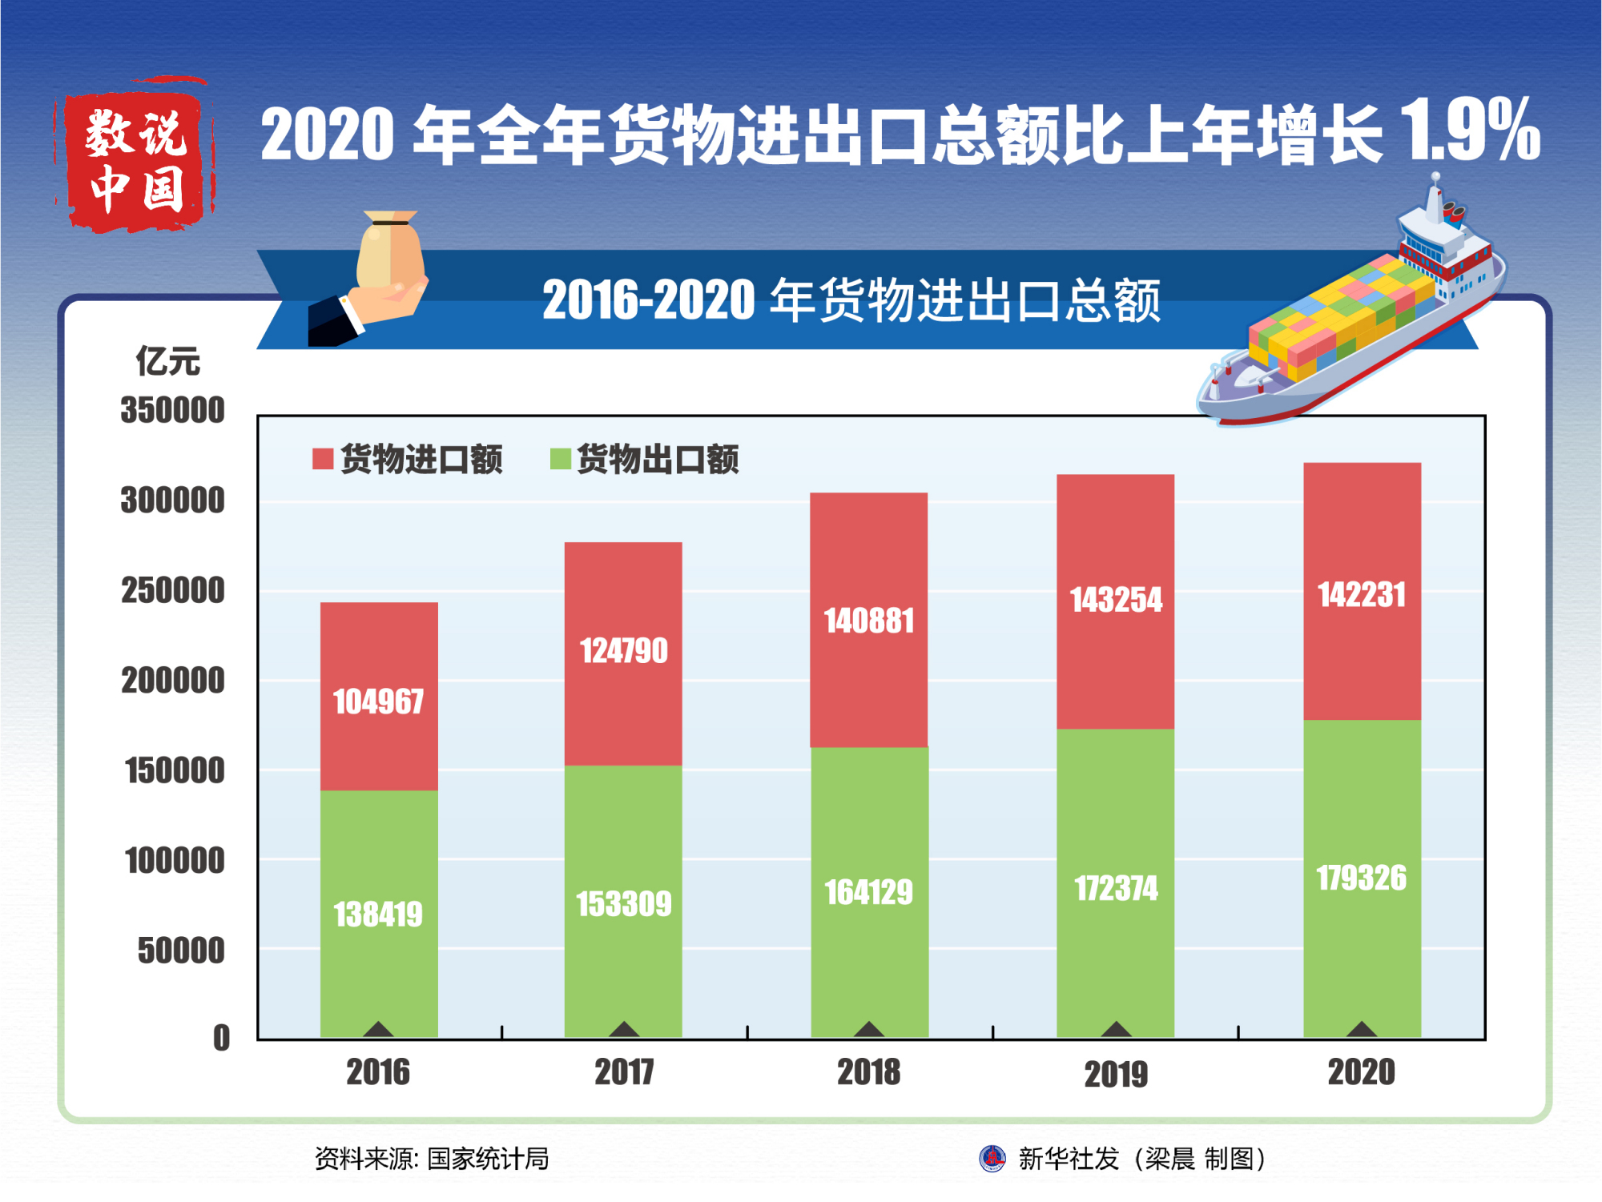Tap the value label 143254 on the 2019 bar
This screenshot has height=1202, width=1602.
coord(1116,600)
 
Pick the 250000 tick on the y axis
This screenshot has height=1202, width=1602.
coord(173,591)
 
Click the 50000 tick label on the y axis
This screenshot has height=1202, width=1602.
coord(181,951)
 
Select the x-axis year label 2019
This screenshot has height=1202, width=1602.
coord(1116,1074)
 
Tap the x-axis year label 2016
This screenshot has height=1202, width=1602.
coord(378,1072)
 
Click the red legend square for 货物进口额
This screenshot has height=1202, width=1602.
coord(323,459)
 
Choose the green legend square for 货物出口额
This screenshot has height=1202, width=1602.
coord(561,459)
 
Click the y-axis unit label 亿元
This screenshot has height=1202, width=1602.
coord(167,361)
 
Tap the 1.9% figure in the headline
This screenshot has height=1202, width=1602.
coord(1470,130)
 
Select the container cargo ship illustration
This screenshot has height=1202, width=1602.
coord(1354,320)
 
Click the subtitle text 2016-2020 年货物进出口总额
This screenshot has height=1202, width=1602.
coord(851,300)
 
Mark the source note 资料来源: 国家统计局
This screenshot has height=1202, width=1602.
coord(432,1158)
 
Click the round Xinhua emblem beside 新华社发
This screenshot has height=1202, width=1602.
coord(992,1158)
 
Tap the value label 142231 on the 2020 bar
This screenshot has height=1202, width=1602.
coord(1362,595)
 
